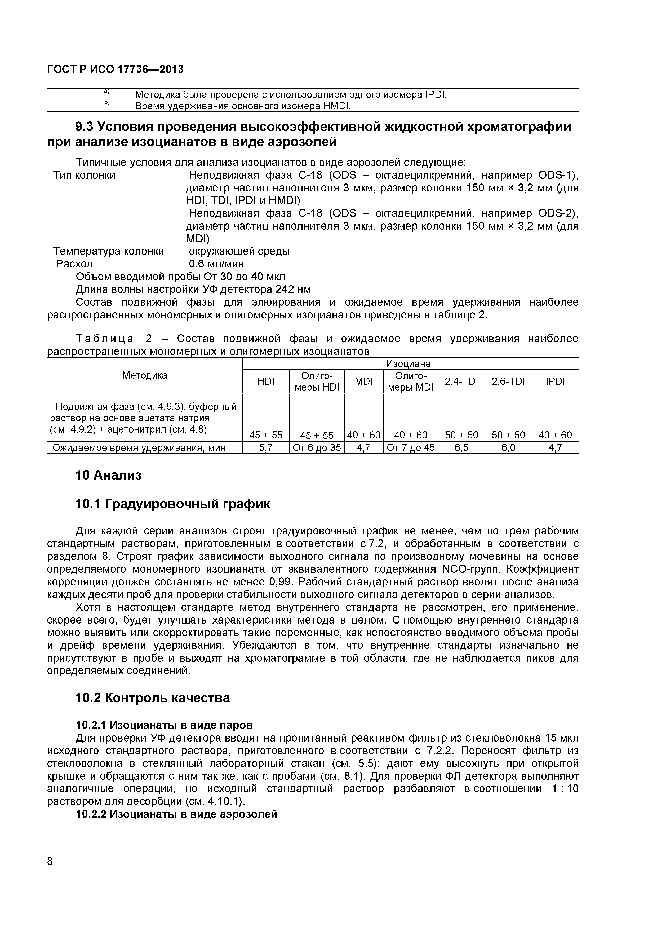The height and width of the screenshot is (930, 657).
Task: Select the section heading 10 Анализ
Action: [x=109, y=475]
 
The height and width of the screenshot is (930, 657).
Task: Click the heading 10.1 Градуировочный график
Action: [x=173, y=504]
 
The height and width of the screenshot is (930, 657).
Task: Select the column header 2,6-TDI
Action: [x=508, y=381]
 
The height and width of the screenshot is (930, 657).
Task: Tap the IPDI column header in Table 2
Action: [x=555, y=381]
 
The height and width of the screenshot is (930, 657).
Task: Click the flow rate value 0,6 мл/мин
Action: [x=216, y=264]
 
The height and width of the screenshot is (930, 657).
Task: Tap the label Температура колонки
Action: [x=109, y=251]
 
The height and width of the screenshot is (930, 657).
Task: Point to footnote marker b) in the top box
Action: [x=107, y=103]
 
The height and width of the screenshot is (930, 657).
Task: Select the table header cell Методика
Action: [x=145, y=375]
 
